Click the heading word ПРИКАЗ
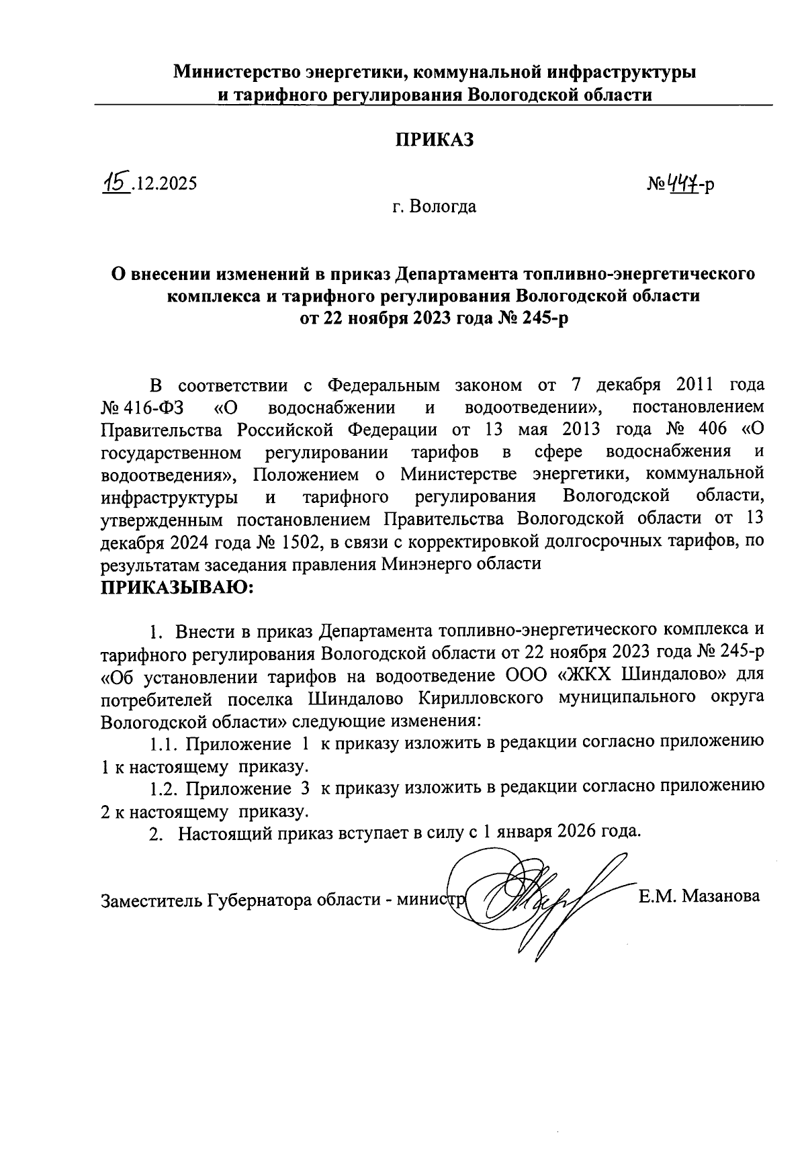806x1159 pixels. coord(434,139)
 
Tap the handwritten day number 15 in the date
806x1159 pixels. coord(115,181)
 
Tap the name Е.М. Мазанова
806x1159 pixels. coord(699,896)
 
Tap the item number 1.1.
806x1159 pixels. coord(164,743)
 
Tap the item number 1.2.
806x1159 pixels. coord(164,788)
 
